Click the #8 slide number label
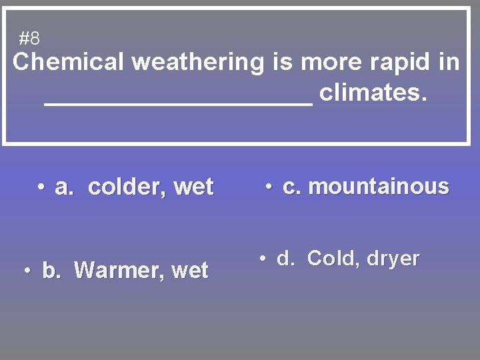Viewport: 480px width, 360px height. point(29,39)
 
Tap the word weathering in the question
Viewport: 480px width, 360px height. point(198,63)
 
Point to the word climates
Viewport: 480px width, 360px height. point(372,93)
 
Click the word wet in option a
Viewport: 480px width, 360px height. point(193,187)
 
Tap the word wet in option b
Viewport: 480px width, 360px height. point(190,271)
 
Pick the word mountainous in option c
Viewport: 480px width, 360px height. point(379,187)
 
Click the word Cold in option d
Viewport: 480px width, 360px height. point(331,258)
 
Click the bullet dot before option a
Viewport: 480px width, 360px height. point(41,188)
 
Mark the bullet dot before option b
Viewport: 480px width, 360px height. point(28,271)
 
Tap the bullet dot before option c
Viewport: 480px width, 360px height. point(269,187)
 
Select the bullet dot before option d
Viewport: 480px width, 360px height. point(263,259)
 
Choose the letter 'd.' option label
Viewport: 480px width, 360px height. point(286,259)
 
